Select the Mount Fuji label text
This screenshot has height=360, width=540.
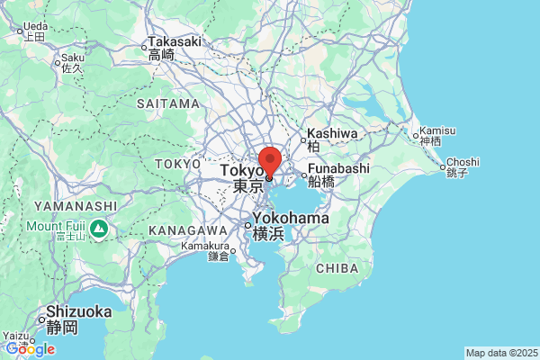pos(55,224)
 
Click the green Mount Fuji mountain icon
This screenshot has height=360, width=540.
pos(99,230)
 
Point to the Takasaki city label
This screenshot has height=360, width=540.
pos(175,42)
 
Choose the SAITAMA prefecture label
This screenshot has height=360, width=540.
pos(168,103)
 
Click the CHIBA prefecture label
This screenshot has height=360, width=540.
pos(337,268)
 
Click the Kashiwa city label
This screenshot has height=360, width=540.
pos(332,133)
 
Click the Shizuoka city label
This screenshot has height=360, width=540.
pos(78,311)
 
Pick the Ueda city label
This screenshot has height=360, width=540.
pos(34,27)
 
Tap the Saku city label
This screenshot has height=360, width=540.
pos(72,58)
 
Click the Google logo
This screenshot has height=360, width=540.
pos(30,348)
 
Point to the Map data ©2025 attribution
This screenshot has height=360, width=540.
pos(500,353)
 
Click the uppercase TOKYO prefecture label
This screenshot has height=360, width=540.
pos(177,164)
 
